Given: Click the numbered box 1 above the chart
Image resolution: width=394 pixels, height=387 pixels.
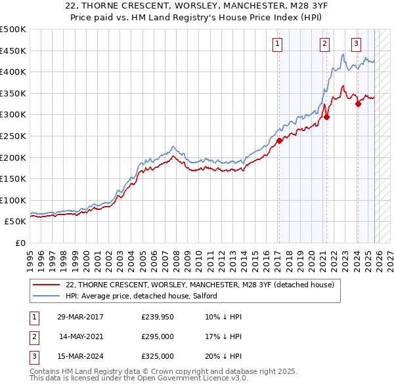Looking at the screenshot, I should (x=278, y=44).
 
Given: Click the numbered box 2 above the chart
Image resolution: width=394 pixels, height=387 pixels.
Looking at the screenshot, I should (x=324, y=44).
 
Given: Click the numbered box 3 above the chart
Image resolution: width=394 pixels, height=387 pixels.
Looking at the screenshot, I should (x=356, y=44).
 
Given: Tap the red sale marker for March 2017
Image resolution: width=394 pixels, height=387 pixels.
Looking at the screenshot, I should (x=279, y=140).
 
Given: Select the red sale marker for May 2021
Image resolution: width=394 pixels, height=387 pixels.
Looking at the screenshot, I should (x=326, y=117).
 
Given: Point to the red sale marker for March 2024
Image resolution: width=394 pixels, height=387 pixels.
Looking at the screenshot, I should (x=358, y=104).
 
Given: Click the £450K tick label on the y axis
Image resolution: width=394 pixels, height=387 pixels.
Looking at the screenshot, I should (x=13, y=51).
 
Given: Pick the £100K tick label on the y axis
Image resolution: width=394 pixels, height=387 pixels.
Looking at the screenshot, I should (x=13, y=200).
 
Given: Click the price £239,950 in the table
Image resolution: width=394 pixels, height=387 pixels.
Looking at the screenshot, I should (x=158, y=317).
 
